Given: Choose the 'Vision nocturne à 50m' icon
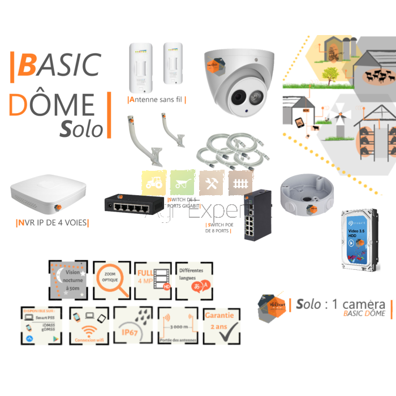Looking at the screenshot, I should pos(68,280).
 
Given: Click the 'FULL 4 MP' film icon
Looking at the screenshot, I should pos(153,280).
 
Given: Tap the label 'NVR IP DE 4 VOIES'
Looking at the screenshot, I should pos(53,222).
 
